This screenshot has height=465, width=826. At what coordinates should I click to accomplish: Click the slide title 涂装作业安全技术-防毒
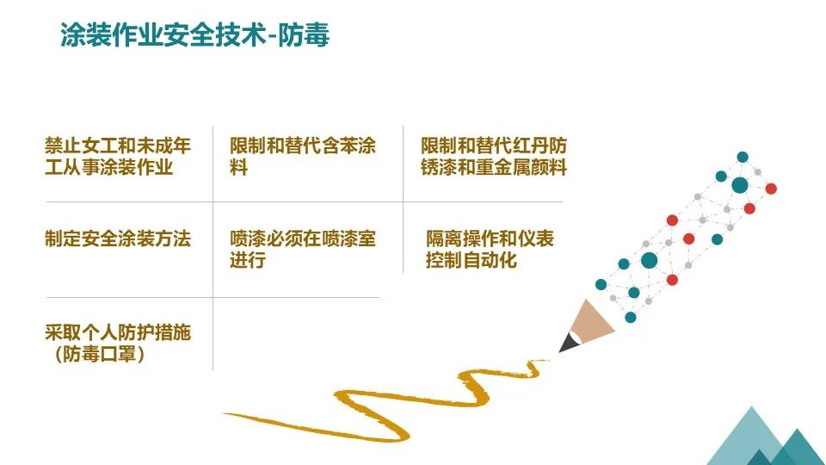pos(194,36)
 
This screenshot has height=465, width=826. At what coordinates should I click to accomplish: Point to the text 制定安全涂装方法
pos(117,239)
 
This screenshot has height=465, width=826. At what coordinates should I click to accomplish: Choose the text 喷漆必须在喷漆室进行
pos(302,248)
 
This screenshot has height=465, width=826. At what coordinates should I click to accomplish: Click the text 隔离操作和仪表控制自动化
pos(489,248)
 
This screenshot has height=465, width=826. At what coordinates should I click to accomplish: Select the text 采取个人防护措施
pos(117,333)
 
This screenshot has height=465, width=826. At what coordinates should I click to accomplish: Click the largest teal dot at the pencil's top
pos(739,184)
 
